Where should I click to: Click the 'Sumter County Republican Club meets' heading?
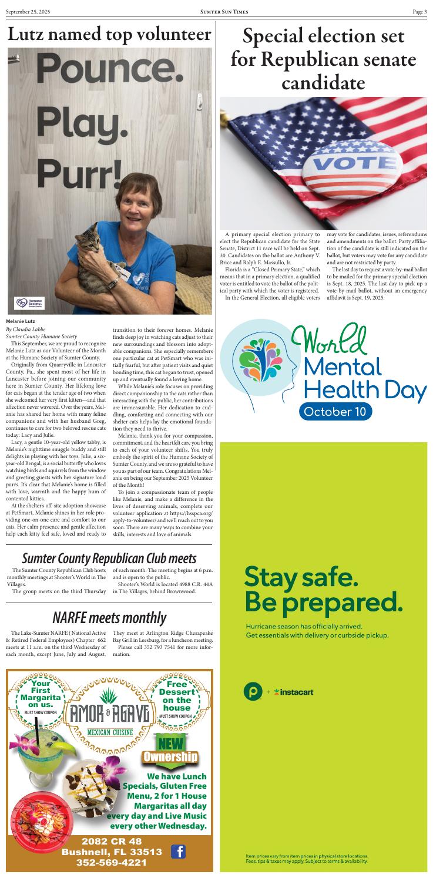point(109,557)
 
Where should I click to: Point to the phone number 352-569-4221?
point(109,862)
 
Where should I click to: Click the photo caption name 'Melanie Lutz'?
point(21,321)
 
